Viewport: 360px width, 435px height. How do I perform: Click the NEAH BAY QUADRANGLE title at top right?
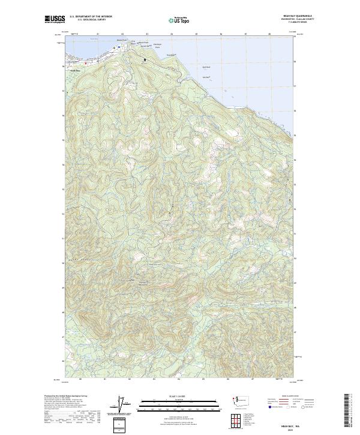point(281,16)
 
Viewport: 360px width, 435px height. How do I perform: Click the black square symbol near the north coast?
point(145,59)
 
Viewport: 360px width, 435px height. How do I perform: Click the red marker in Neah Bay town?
point(86,62)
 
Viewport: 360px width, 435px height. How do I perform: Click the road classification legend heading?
point(282,396)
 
